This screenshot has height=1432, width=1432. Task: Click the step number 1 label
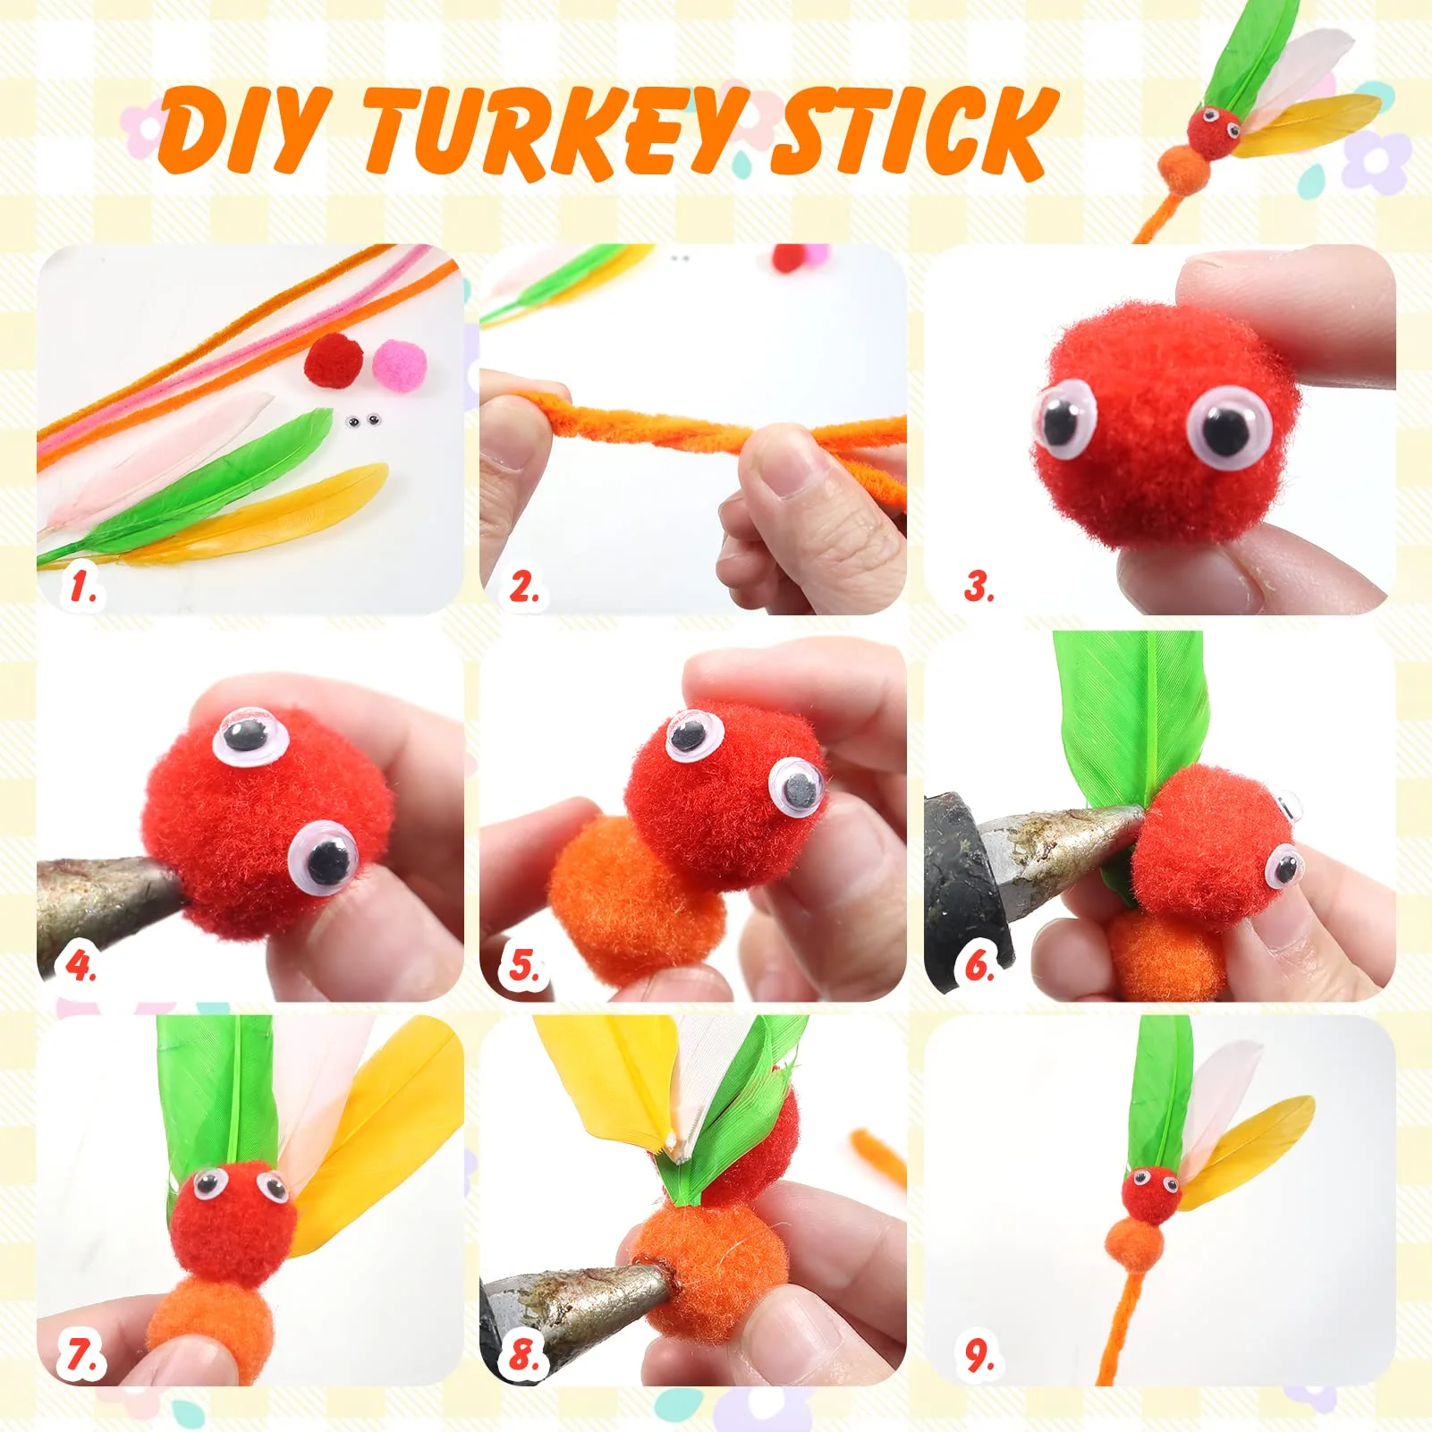(x=82, y=588)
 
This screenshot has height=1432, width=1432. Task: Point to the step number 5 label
(x=524, y=966)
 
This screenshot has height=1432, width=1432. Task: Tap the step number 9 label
(x=980, y=1355)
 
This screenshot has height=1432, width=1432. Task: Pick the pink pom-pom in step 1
(x=400, y=365)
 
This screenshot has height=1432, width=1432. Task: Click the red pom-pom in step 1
(x=334, y=360)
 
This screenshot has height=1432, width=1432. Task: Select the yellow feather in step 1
(x=295, y=514)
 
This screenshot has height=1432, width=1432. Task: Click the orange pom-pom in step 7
(x=210, y=1324)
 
